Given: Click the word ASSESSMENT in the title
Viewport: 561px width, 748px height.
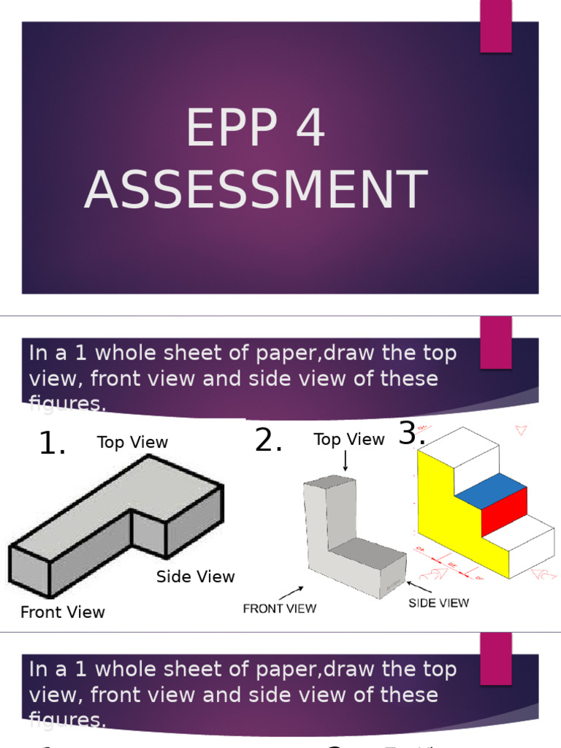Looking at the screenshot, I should click(255, 189).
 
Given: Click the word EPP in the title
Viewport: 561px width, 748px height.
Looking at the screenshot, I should click(232, 129).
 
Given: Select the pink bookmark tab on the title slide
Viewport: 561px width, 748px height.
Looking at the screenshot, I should click(495, 26).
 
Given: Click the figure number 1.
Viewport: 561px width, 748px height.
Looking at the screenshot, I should click(52, 443).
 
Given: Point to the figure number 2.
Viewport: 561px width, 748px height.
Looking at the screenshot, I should click(268, 440).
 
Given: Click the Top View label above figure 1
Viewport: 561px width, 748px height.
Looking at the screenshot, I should click(132, 443).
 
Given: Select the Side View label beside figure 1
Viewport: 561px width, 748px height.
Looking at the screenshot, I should click(195, 576).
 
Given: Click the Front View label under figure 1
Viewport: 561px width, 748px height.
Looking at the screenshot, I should click(62, 612).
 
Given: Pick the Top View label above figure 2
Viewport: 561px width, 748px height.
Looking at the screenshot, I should click(348, 440).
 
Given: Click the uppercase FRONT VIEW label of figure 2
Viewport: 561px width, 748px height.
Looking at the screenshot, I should click(279, 608).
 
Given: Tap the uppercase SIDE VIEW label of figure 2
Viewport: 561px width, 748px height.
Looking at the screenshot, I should click(438, 603).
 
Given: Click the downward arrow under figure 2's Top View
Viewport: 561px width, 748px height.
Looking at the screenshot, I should click(345, 461).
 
